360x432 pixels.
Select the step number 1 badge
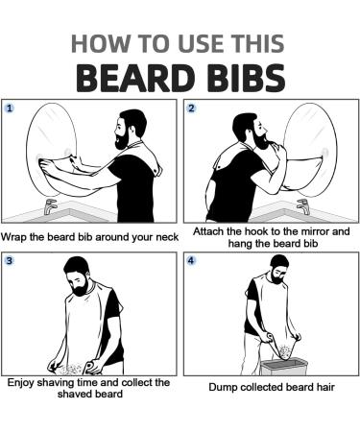pyautogui.click(x=11, y=108)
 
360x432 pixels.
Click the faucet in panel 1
pyautogui.click(x=52, y=206)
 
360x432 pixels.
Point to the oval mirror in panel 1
pyautogui.click(x=58, y=154)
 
